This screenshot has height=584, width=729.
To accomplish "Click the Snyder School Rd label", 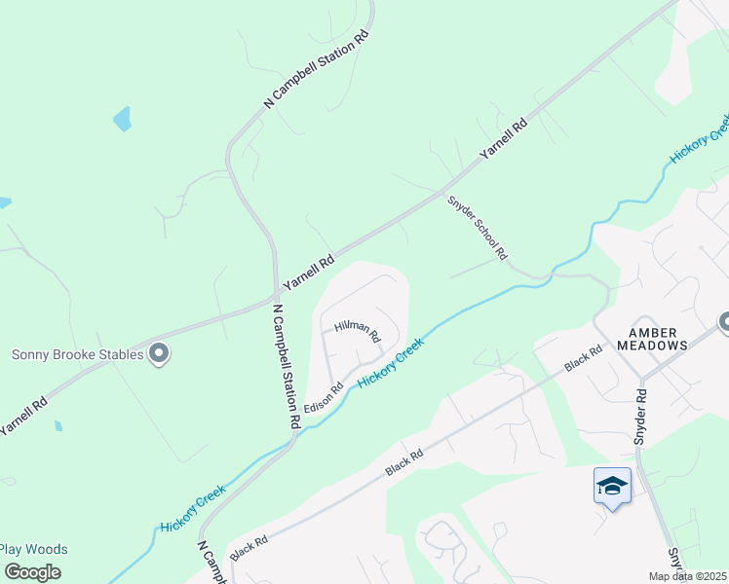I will pos(478,228).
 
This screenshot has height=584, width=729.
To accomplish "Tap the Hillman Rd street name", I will pos(356,333).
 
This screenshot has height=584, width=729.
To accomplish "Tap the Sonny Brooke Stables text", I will pos(78,354).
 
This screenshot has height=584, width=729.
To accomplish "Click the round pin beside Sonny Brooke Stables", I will pos(159,354).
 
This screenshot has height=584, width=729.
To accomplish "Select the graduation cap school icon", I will pos(612,485).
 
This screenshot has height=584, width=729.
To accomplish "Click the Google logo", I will pos(32,572).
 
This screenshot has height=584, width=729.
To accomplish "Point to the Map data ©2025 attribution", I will pos(687,576).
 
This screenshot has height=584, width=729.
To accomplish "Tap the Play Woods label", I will pos(34,550).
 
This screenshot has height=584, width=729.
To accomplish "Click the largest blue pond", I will pos(122,120).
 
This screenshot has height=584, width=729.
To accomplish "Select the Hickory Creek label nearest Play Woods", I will pos(195,508).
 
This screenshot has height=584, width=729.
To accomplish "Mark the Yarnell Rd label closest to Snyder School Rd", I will pos(502,140).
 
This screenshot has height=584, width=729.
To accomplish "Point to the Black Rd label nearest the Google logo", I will pos(249,547).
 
